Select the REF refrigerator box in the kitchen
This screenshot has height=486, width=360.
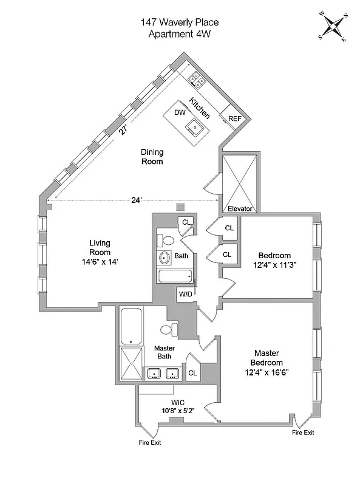(x=234, y=118)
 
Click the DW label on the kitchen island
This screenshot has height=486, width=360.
(x=180, y=112)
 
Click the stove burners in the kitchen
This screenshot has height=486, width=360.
(x=196, y=78)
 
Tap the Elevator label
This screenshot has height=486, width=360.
(x=240, y=208)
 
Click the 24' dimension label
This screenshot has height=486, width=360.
(x=137, y=199)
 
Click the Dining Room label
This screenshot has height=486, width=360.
(x=152, y=157)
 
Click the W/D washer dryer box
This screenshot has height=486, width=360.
(x=185, y=295)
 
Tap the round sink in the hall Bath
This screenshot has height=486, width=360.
(x=165, y=258)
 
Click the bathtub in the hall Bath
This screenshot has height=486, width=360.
(x=175, y=276)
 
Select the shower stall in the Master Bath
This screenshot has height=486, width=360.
(x=130, y=363)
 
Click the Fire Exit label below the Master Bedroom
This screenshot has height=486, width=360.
(x=302, y=433)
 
